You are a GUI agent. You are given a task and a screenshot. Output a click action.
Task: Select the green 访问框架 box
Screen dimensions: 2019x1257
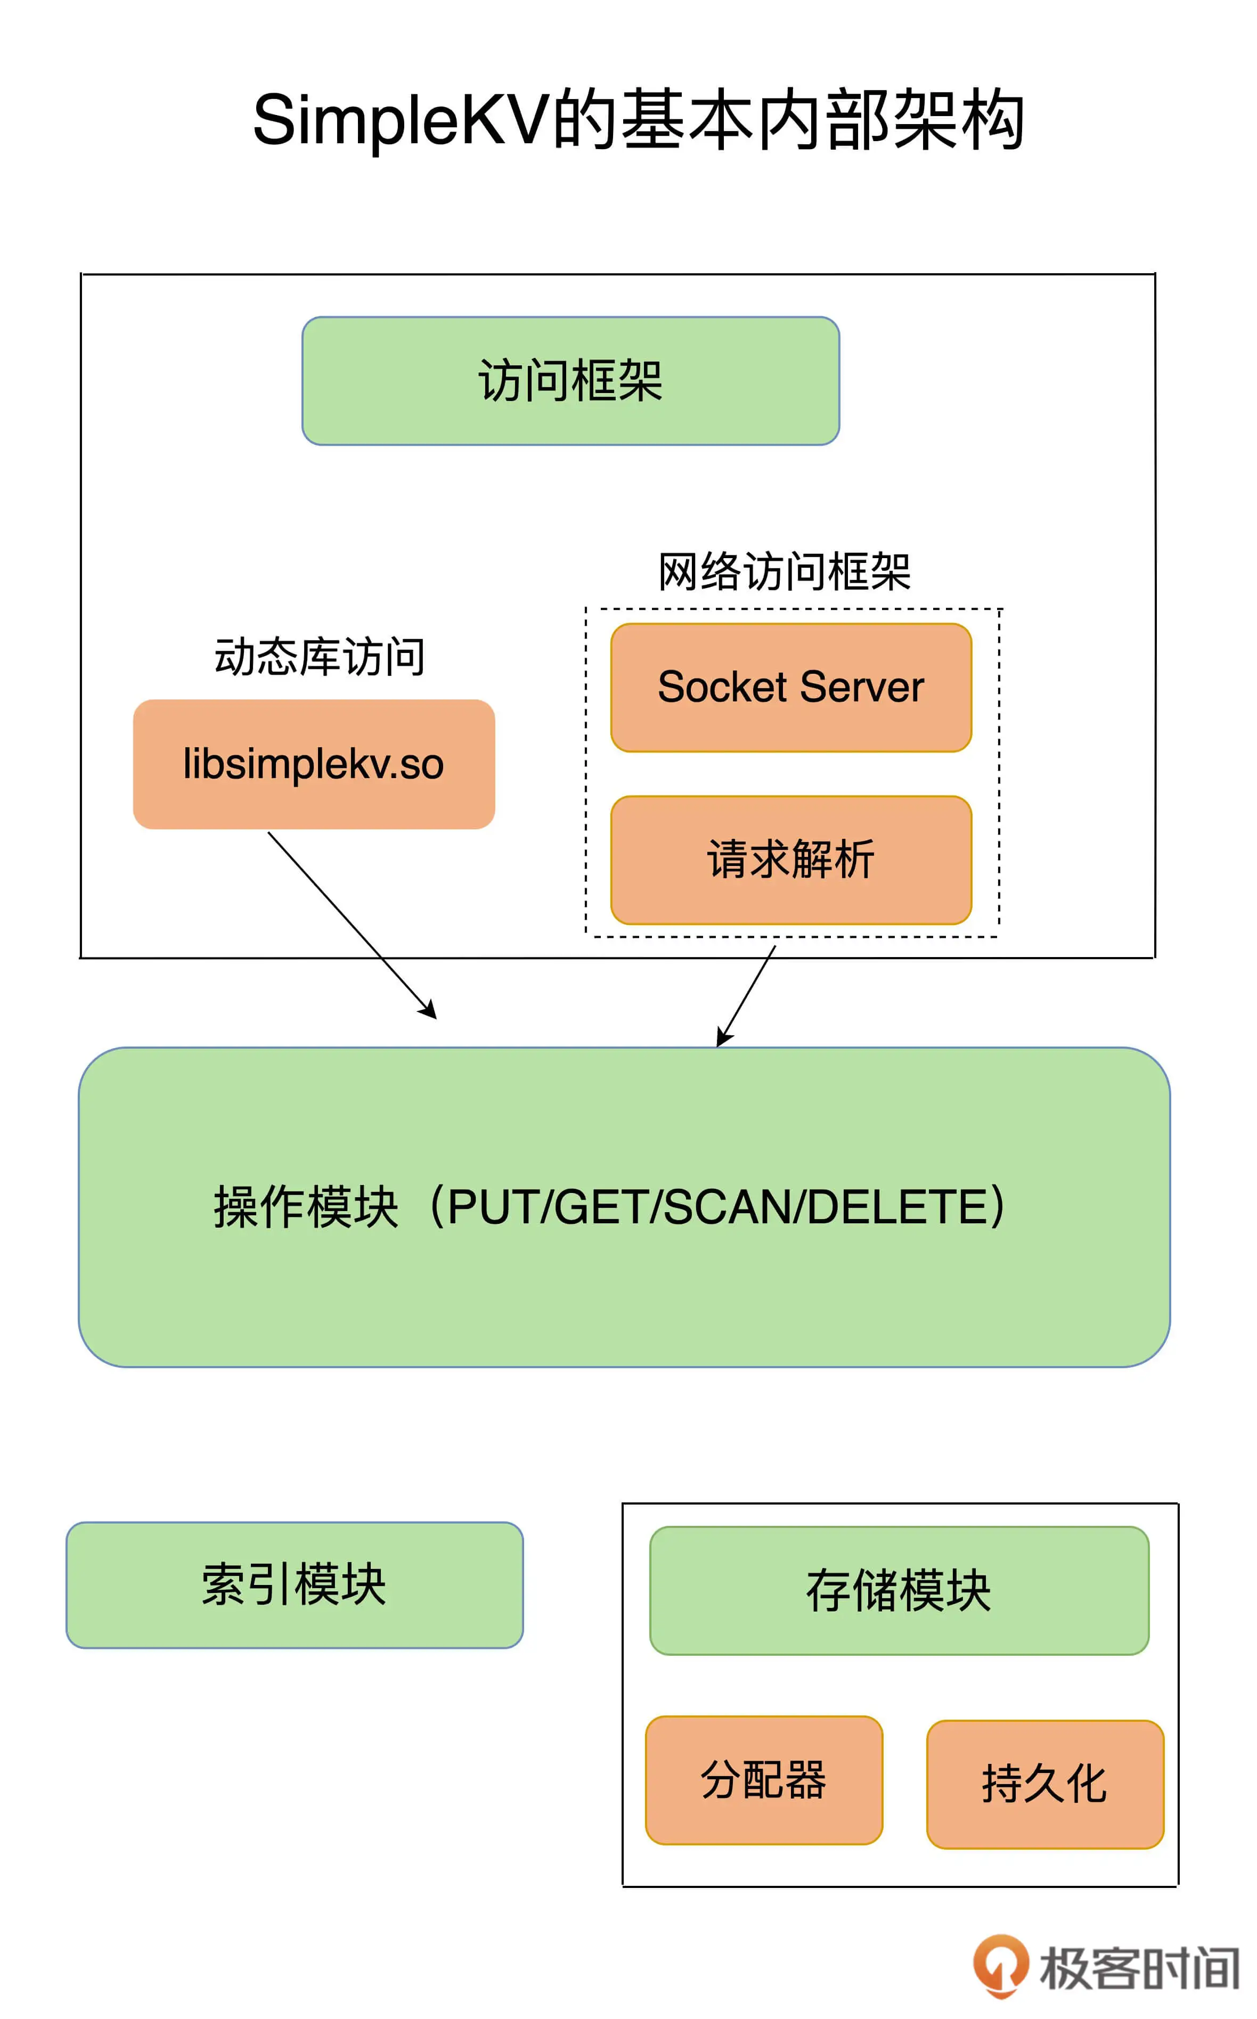click(x=570, y=381)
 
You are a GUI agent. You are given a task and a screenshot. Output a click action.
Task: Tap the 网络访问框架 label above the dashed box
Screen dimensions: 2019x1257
click(x=784, y=572)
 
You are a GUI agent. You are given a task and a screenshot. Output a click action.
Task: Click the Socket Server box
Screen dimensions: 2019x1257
click(x=790, y=688)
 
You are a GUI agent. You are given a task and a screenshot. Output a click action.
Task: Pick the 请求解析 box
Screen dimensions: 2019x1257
click(x=790, y=860)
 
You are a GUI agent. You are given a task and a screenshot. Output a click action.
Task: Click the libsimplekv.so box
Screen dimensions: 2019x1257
click(x=313, y=764)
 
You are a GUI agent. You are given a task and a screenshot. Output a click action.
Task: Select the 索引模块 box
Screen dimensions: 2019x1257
click(x=295, y=1584)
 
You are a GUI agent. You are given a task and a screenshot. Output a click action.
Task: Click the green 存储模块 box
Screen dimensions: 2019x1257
click(x=899, y=1590)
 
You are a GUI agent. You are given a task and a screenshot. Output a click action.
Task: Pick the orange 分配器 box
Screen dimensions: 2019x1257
click(x=763, y=1780)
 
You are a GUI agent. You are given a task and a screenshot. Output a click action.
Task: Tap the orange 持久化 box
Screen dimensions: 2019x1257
click(x=1044, y=1784)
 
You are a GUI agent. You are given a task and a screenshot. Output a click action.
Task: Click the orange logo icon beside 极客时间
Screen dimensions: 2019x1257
click(x=1000, y=1965)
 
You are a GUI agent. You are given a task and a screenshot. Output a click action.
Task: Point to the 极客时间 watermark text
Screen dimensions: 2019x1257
click(x=1138, y=1968)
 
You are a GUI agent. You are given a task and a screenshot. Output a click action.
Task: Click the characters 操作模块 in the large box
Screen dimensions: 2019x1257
click(x=306, y=1207)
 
